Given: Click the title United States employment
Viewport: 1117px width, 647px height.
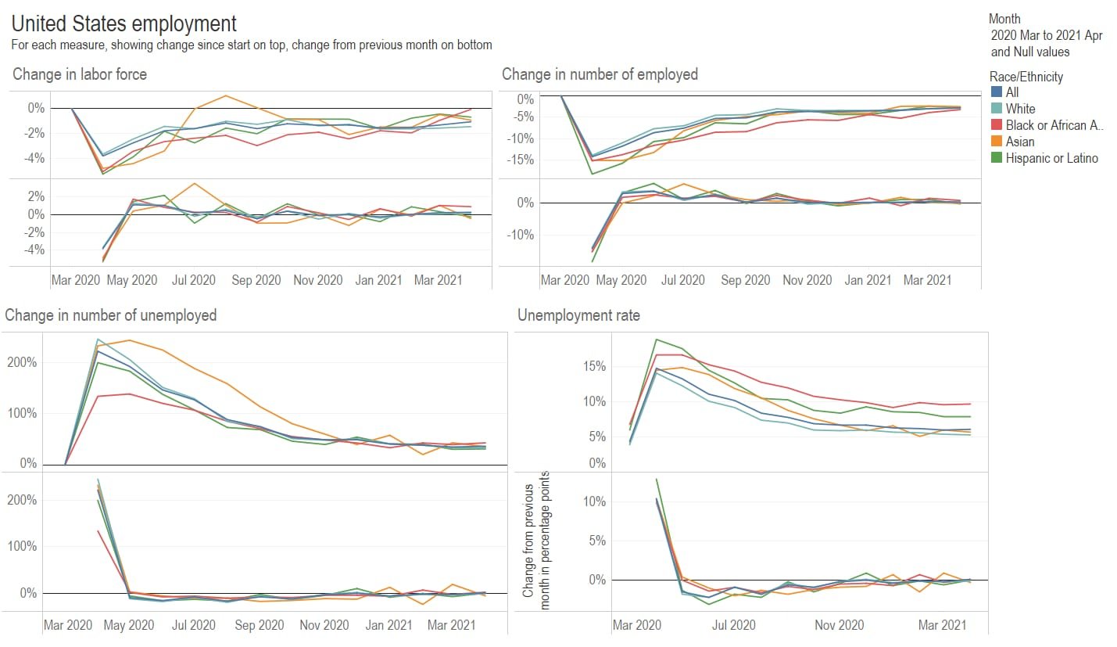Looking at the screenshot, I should [x=124, y=23].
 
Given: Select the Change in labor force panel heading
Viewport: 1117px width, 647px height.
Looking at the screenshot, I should [x=80, y=74].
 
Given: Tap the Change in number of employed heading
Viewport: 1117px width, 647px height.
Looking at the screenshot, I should [x=600, y=74].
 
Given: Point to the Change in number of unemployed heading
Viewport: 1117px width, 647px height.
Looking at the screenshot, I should [x=111, y=315].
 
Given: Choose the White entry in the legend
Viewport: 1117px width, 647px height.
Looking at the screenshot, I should [x=1020, y=109].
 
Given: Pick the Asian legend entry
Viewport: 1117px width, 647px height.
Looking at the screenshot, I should [x=1020, y=142].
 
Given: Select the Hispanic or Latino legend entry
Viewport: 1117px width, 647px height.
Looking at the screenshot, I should [x=1051, y=158].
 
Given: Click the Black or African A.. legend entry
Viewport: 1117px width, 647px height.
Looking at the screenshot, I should [x=1054, y=125].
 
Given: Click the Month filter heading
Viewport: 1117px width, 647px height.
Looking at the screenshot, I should [x=1004, y=19].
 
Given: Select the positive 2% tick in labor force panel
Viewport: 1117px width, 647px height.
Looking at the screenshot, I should [x=35, y=196].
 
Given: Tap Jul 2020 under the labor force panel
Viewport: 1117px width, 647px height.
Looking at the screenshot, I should [x=193, y=280].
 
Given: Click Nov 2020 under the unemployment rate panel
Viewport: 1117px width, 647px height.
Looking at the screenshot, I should [x=839, y=625].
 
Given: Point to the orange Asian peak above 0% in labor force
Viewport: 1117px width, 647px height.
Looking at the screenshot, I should [x=226, y=95].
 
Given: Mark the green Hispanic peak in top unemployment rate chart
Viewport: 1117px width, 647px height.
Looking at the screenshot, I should [x=656, y=340].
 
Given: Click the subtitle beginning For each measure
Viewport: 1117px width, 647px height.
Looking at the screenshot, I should [x=252, y=45].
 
